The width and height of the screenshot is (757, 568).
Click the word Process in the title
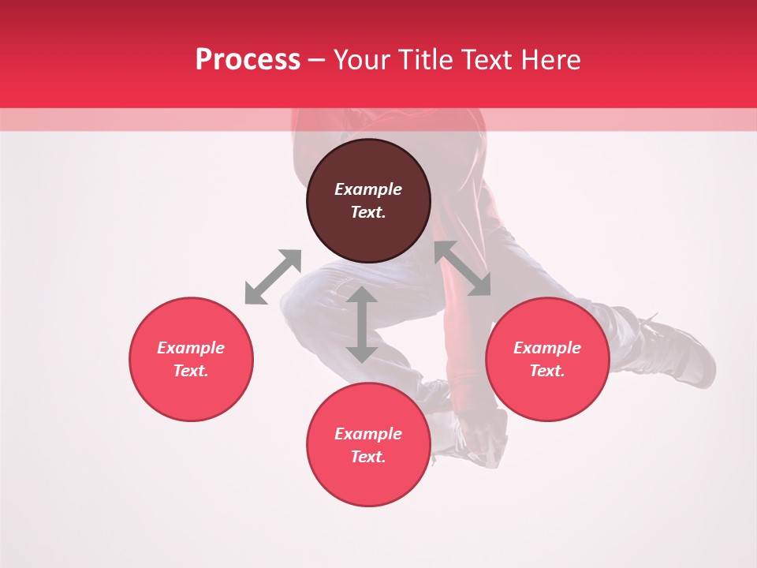click(x=248, y=60)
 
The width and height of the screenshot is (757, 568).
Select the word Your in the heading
click(x=363, y=60)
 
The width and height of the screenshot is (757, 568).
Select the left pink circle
click(x=191, y=394)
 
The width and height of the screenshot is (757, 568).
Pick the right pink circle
click(x=547, y=394)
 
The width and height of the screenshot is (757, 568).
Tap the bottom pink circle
click(x=368, y=481)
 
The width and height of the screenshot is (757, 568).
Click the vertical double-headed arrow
click(x=362, y=324)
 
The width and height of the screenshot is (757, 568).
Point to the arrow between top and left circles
click(x=274, y=276)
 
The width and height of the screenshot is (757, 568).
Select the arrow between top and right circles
click(x=462, y=268)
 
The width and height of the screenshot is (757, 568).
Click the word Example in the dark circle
click(x=368, y=189)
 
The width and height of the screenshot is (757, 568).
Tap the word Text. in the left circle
click(x=191, y=371)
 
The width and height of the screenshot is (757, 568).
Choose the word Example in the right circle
click(x=547, y=348)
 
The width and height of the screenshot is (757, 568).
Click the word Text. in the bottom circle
click(x=368, y=457)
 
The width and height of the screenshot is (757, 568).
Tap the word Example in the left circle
click(x=191, y=348)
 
